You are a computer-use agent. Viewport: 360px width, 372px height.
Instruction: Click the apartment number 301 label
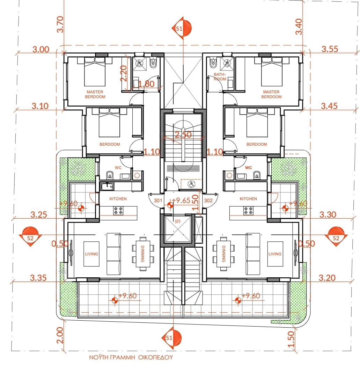[x=158, y=200]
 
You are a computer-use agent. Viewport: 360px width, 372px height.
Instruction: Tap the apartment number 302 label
[x=208, y=200]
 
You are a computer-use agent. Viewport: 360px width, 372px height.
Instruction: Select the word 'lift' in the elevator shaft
[x=178, y=221]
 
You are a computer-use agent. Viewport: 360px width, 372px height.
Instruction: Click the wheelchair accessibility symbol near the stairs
[x=191, y=184]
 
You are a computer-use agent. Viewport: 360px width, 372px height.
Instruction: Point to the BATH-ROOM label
[x=220, y=76]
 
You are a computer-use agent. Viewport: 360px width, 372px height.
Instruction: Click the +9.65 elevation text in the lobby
[x=181, y=201]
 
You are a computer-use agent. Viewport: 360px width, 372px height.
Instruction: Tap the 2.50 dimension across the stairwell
[x=183, y=135]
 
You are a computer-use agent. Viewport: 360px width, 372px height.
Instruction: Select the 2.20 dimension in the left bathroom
[x=124, y=74]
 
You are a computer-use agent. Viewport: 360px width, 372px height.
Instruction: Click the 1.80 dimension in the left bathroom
[x=146, y=84]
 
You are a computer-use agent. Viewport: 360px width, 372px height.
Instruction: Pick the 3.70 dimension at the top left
[x=60, y=24]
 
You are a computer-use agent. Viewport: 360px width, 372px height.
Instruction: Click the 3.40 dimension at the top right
[x=299, y=27]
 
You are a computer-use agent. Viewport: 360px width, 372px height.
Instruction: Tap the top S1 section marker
[x=182, y=28]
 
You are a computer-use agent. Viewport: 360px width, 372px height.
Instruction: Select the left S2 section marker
[x=30, y=236]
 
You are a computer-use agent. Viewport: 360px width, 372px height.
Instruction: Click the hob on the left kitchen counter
[x=118, y=210]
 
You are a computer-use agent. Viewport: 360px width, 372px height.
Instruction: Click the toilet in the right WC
[x=257, y=175]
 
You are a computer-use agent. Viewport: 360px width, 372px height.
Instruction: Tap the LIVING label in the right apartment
[x=275, y=254]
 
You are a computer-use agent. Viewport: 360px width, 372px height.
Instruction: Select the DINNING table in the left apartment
[x=143, y=254]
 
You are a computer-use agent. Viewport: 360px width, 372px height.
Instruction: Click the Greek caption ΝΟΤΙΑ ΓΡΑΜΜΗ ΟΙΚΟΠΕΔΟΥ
[x=131, y=357]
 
